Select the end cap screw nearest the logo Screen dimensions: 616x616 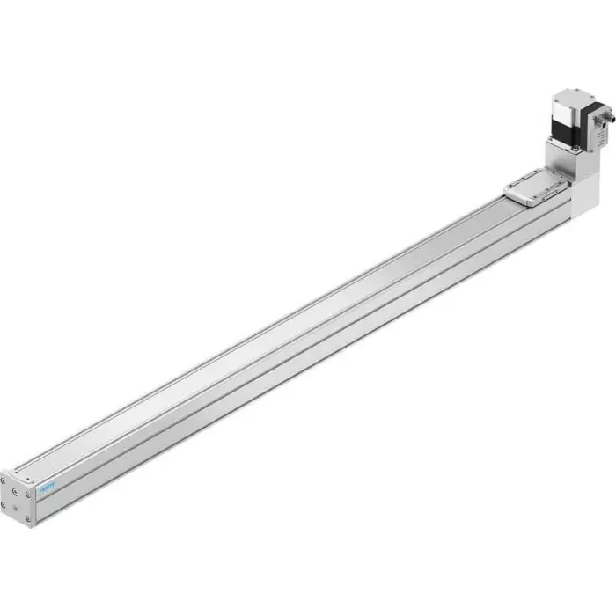29,494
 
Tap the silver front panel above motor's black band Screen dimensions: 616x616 561,111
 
